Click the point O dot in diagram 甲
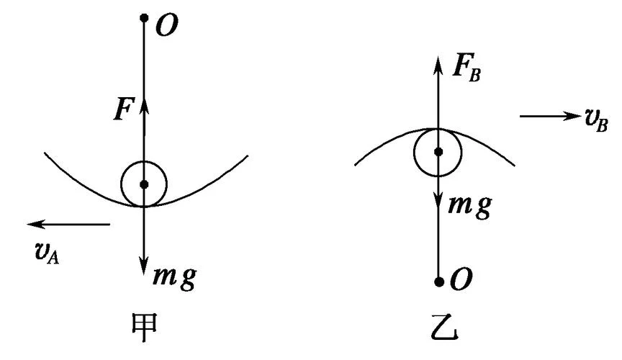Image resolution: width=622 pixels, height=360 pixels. [145, 18]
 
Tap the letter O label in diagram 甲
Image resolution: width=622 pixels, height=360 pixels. [166, 27]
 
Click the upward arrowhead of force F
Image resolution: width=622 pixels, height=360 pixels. [145, 105]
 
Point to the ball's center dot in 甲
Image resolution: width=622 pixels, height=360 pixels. [145, 184]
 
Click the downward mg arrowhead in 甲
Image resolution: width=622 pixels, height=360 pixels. [145, 266]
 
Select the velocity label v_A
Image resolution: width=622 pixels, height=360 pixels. [47, 254]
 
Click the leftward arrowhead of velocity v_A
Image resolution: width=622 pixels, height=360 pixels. [35, 224]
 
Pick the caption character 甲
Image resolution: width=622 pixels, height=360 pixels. [145, 327]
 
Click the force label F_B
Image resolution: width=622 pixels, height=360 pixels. [466, 68]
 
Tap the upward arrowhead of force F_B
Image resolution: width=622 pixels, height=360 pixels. [438, 65]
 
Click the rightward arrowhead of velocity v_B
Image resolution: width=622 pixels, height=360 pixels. [572, 117]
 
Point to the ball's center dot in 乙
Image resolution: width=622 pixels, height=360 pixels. [438, 152]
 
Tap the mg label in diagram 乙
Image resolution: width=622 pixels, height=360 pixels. [470, 207]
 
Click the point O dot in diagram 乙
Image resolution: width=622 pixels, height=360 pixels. [438, 282]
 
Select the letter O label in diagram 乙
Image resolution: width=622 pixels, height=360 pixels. [461, 280]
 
